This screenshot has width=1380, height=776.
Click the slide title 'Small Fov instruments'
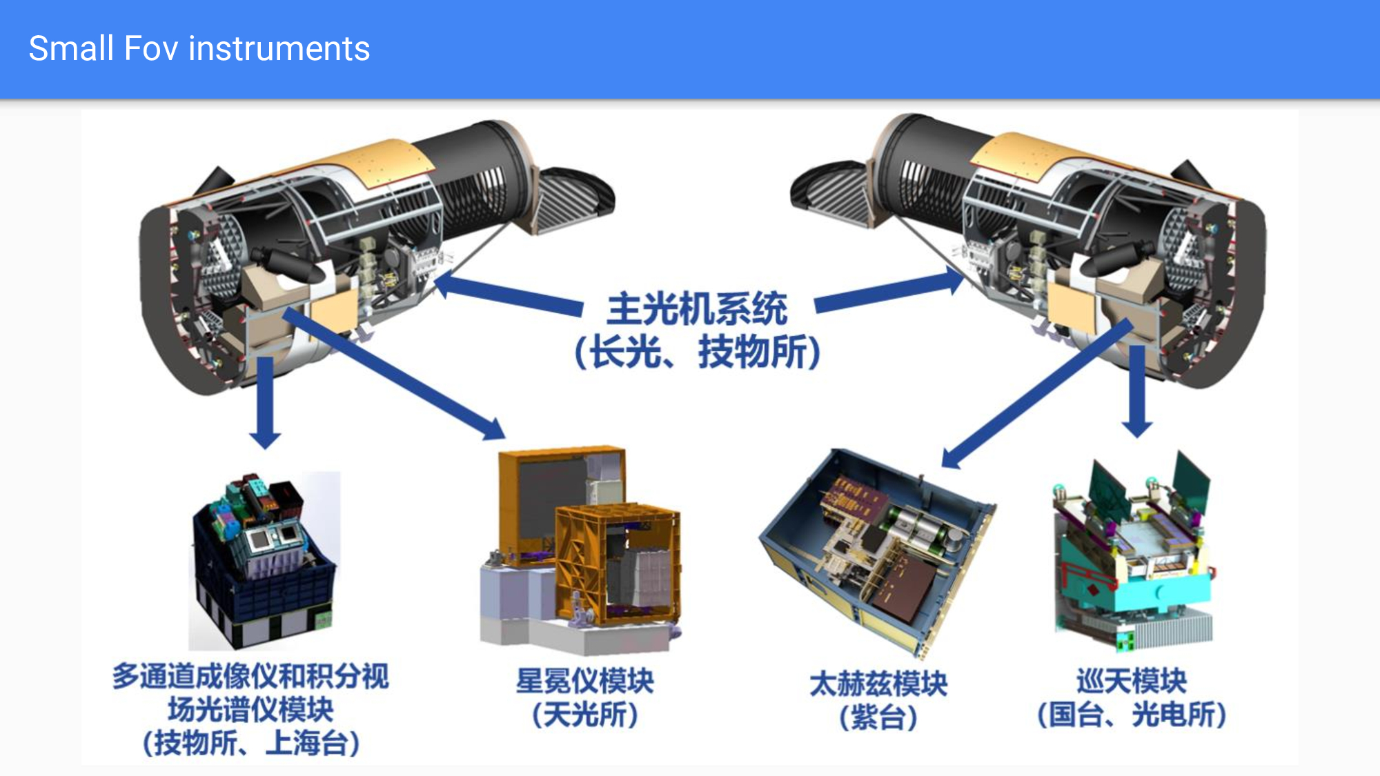click(199, 49)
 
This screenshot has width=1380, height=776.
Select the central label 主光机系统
click(697, 308)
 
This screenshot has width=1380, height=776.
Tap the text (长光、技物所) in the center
click(698, 352)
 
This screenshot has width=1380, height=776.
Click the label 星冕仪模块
click(585, 681)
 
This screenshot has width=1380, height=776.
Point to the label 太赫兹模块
click(878, 684)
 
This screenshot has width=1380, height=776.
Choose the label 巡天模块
click(1132, 681)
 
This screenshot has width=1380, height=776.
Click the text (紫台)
click(878, 717)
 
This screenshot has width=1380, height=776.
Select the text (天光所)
click(585, 715)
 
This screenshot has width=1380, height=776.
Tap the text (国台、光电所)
click(1132, 715)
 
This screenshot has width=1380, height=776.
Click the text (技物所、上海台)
click(251, 743)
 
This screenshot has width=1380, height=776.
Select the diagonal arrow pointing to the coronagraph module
click(394, 373)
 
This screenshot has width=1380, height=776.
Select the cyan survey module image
click(1132, 552)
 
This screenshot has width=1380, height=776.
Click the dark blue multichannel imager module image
click(265, 560)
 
